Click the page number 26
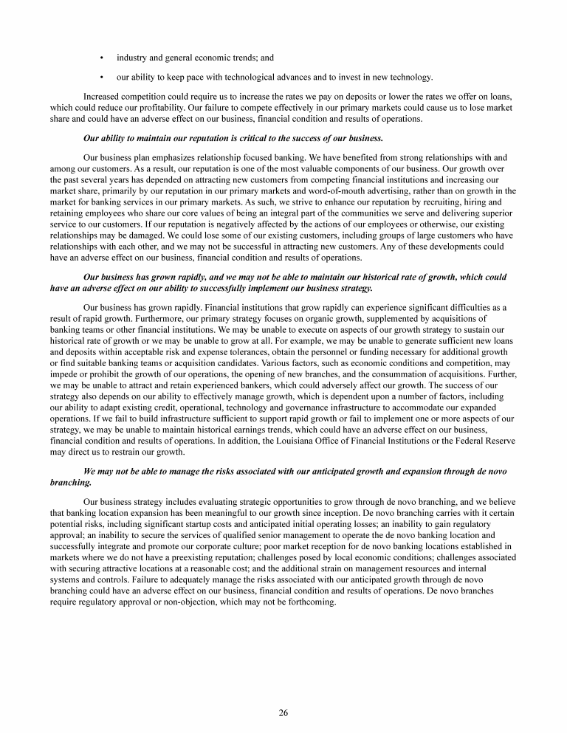point(283,712)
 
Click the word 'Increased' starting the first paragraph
point(103,97)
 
